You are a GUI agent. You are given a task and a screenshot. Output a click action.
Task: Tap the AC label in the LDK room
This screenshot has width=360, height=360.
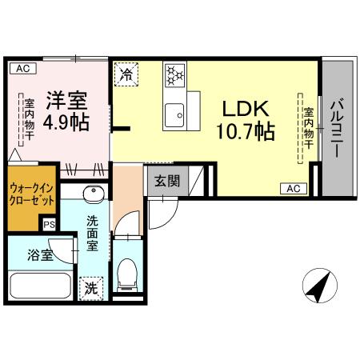click(x=292, y=188)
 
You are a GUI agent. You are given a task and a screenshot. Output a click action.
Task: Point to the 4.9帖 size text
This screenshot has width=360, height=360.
click(x=66, y=123)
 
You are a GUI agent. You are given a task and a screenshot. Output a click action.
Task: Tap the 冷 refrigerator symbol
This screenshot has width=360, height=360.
click(x=126, y=75)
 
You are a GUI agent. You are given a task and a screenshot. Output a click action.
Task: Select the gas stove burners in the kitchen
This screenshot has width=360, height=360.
click(x=174, y=76)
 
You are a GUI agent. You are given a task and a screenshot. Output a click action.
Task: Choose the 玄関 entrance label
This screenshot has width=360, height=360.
click(x=166, y=181)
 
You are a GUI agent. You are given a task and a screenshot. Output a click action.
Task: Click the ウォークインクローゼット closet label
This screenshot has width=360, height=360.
click(x=32, y=194)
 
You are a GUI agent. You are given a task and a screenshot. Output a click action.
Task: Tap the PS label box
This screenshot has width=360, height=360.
click(x=50, y=226)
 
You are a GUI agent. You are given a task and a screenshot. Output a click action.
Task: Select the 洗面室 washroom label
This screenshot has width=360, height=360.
click(x=94, y=233)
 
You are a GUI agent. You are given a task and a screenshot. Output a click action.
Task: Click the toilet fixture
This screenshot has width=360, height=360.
click(x=127, y=276)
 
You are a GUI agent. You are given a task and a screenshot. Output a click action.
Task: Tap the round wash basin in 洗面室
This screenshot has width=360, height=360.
click(x=92, y=196)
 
